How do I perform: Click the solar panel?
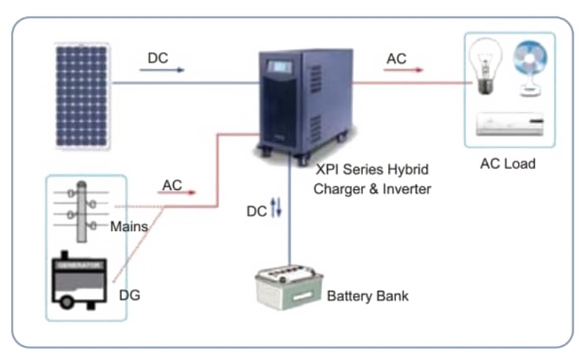pos(82,95)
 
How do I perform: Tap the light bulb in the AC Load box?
pos(484,65)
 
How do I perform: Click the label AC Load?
pos(508,164)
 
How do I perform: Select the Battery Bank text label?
pos(368,296)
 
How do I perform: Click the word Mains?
pos(129,227)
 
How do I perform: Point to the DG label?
pos(129,295)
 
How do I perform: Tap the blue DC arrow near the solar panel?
pos(161,71)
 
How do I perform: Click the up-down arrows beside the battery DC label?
pos(276,210)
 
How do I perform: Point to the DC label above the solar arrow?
pos(158,58)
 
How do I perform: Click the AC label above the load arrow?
pos(396,59)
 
